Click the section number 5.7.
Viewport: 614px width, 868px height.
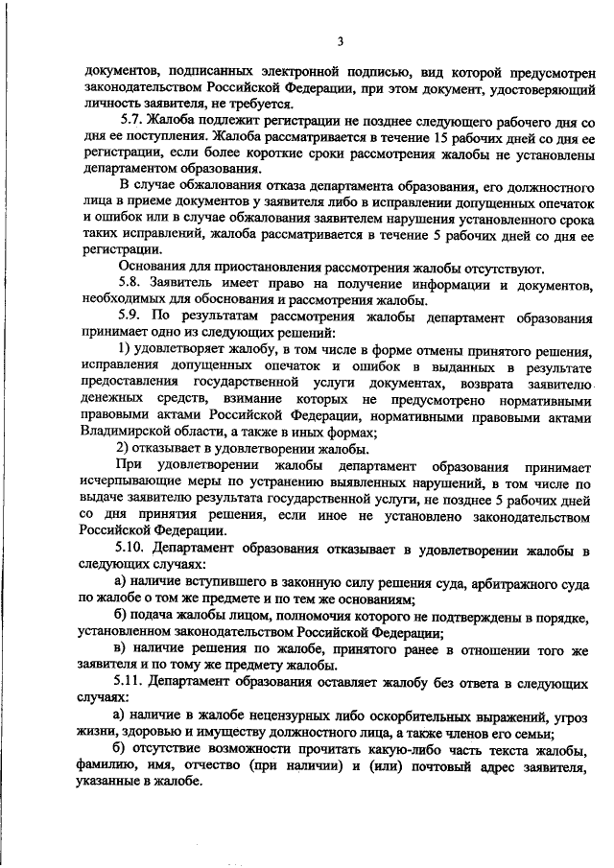131,124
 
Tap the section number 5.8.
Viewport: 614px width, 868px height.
131,283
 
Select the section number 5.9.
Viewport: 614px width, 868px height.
131,315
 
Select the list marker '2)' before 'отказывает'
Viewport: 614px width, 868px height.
124,448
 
